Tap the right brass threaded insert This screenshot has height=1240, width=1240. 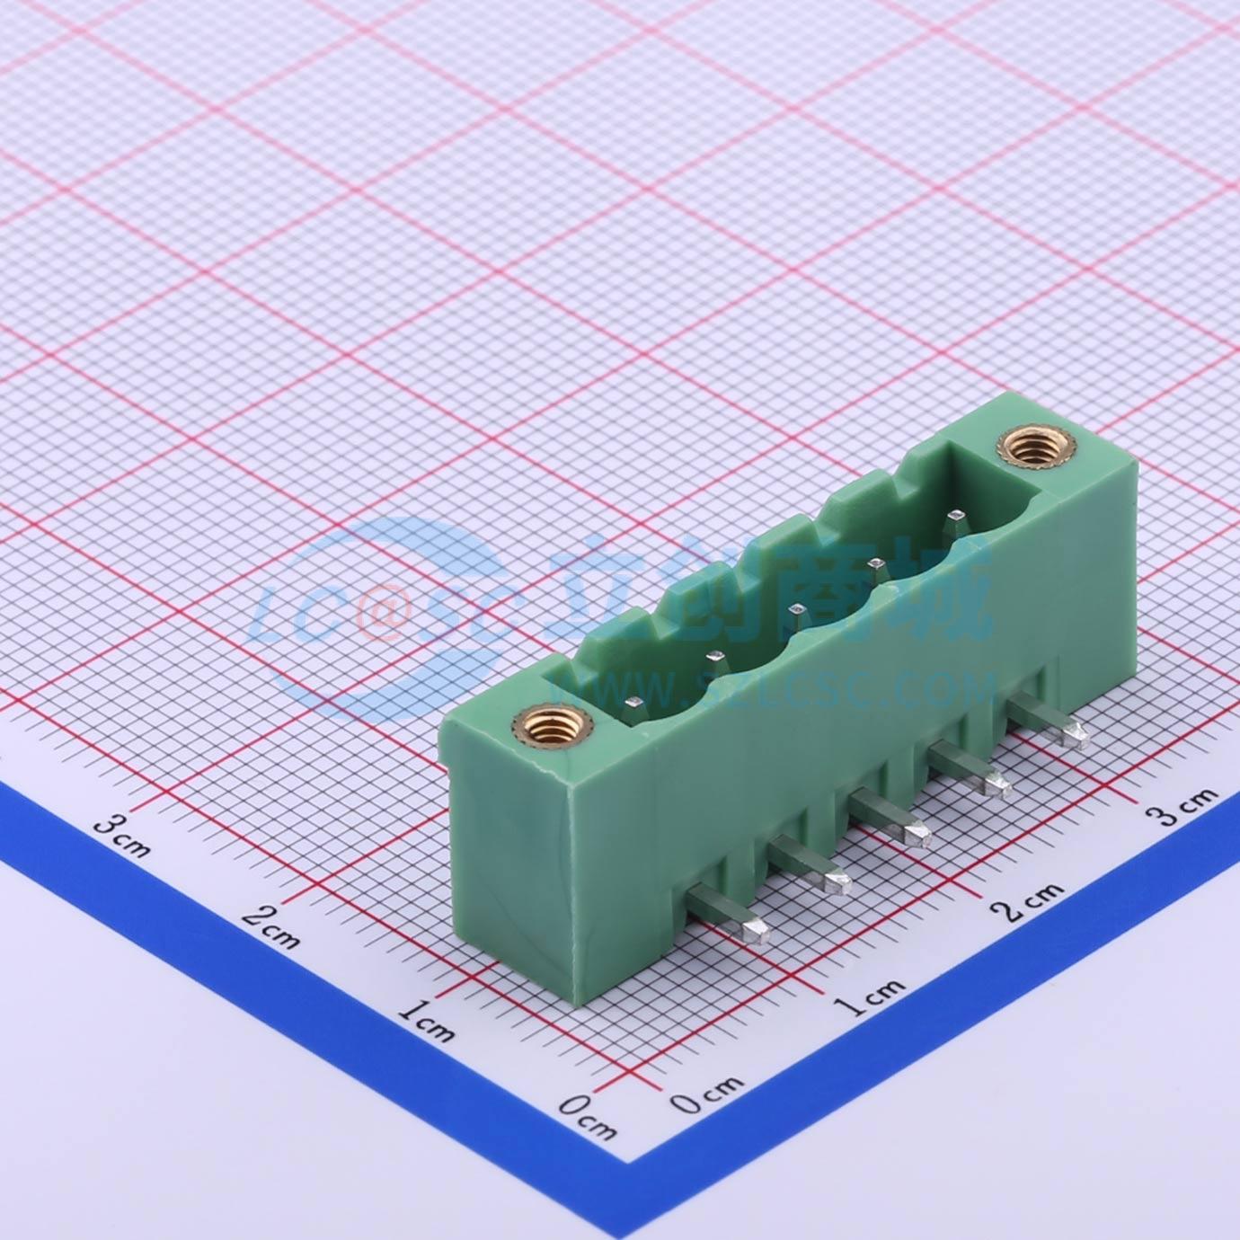tap(1029, 447)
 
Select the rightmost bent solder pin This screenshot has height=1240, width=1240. tap(1050, 725)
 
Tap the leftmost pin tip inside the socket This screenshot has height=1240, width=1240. tap(633, 703)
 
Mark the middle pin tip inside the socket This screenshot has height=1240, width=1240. tap(797, 608)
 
